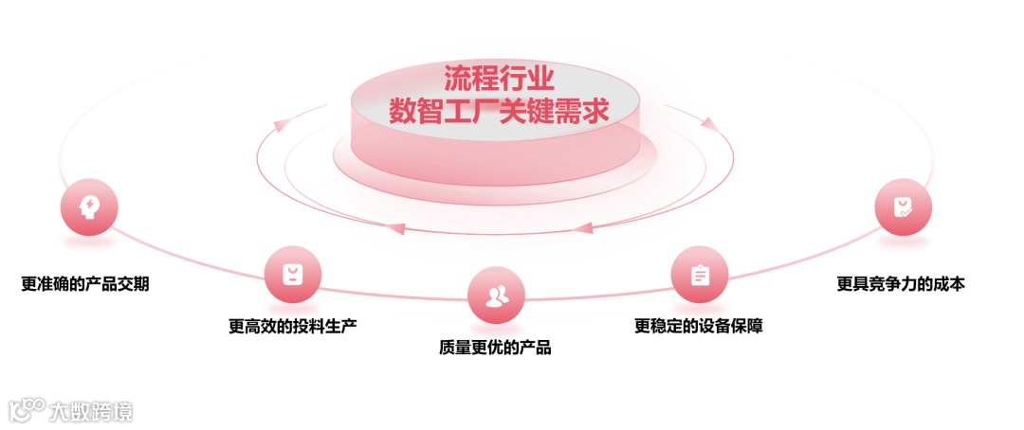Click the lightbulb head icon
coord(89,206)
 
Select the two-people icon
coord(496,296)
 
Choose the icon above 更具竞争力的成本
coord(904,206)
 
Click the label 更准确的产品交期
coord(84,284)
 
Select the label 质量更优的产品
coord(495,348)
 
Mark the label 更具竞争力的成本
coord(901,283)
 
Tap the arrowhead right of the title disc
coord(705,121)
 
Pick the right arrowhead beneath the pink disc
coord(584,226)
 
